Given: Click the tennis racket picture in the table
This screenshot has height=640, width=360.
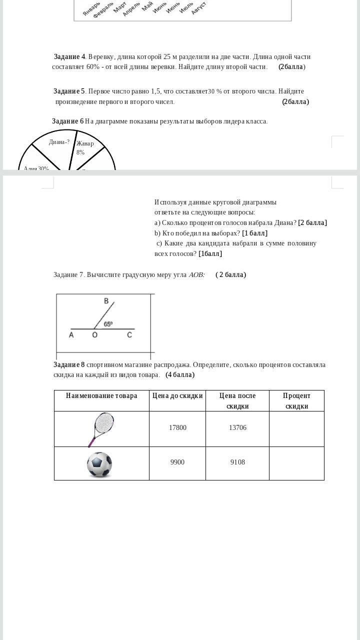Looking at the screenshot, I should pyautogui.click(x=101, y=429).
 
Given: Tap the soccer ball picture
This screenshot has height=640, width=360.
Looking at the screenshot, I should pyautogui.click(x=99, y=464).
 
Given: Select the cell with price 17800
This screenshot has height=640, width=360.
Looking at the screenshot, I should pyautogui.click(x=177, y=428).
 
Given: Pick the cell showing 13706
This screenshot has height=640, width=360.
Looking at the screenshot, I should pyautogui.click(x=237, y=428).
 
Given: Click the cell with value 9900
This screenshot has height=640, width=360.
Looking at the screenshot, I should pyautogui.click(x=177, y=462).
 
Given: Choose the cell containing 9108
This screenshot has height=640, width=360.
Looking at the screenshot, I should pyautogui.click(x=237, y=462).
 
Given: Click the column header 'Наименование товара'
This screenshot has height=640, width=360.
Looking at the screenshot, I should pyautogui.click(x=101, y=396).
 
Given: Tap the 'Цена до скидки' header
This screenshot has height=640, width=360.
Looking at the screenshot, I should pyautogui.click(x=177, y=396).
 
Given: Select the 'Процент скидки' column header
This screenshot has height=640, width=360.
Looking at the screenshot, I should pyautogui.click(x=296, y=401).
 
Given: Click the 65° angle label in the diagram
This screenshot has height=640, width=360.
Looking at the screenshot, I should pyautogui.click(x=108, y=324).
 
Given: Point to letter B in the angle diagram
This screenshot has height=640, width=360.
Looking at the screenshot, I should pyautogui.click(x=106, y=301).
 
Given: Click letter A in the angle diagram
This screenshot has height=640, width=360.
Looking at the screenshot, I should pyautogui.click(x=71, y=335).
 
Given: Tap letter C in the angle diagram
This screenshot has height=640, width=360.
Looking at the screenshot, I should pyautogui.click(x=129, y=335).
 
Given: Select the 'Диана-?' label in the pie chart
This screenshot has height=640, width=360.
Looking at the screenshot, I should pyautogui.click(x=59, y=142).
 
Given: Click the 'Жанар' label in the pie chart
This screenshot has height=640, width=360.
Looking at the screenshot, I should pyautogui.click(x=85, y=144).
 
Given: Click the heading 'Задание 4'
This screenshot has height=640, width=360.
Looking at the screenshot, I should pyautogui.click(x=69, y=57).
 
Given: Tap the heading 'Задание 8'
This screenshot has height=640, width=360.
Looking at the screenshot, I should pyautogui.click(x=69, y=365).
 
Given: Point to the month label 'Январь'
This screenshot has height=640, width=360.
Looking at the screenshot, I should pyautogui.click(x=91, y=9).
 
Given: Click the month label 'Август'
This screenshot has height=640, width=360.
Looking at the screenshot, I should pyautogui.click(x=198, y=8).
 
